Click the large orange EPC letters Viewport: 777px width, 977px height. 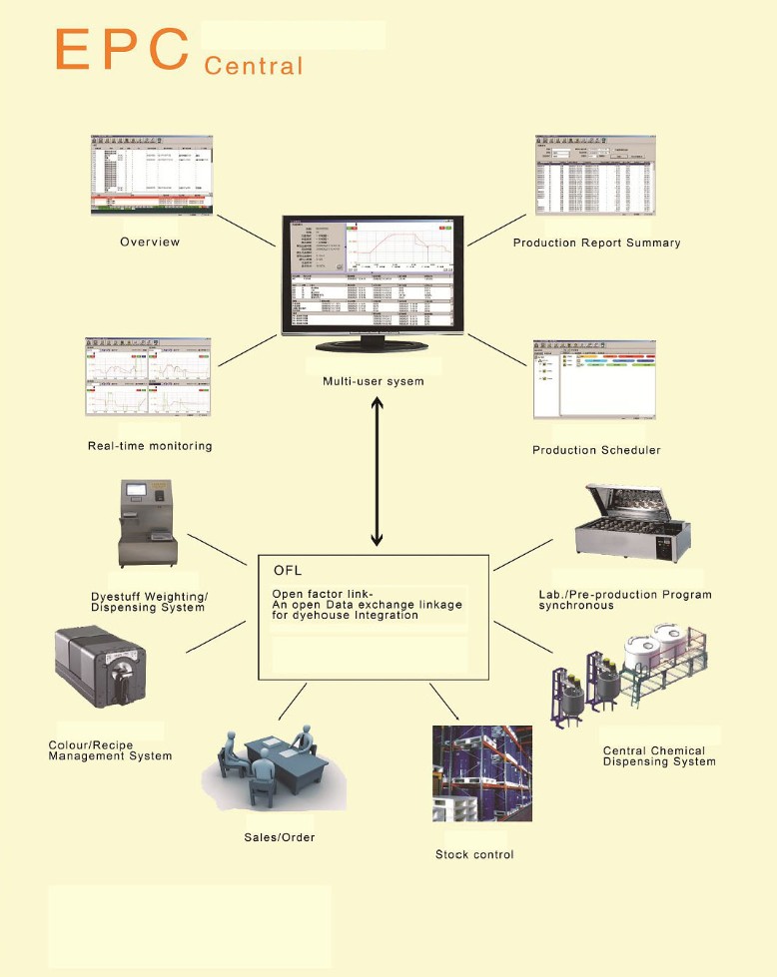click(122, 49)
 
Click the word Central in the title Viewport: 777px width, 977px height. click(253, 67)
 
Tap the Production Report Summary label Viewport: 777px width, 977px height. click(596, 243)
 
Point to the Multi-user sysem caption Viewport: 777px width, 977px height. click(375, 381)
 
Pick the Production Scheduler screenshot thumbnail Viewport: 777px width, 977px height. click(595, 381)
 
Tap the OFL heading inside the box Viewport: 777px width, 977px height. click(288, 571)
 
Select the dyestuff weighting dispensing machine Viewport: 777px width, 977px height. click(149, 523)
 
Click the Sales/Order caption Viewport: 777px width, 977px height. click(280, 836)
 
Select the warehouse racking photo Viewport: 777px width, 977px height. click(481, 773)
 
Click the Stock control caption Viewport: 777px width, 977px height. click(474, 854)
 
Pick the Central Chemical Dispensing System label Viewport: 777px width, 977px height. click(659, 756)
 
